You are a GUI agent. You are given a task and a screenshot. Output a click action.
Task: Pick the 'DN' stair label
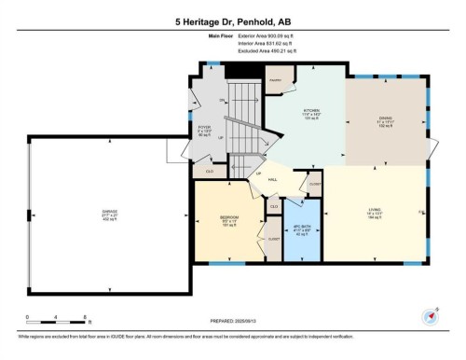click(x=223, y=100)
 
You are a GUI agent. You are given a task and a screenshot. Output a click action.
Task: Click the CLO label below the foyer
click(x=210, y=171)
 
